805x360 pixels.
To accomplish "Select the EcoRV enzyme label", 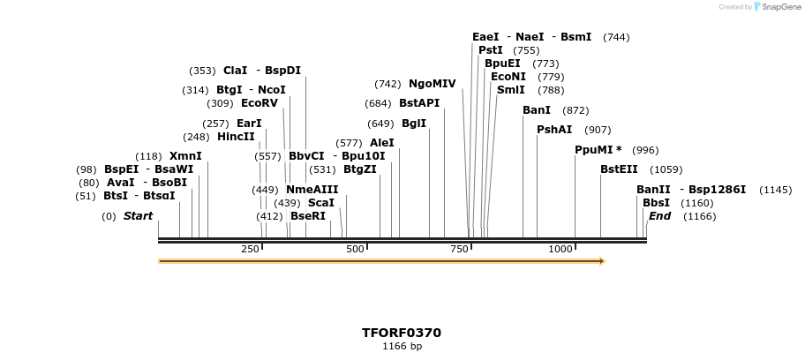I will (259, 103).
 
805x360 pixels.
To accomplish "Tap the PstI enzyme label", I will (490, 50).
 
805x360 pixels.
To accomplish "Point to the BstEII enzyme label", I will (618, 169).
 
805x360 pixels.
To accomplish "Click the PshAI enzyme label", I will (554, 130).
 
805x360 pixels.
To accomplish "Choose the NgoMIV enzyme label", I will (432, 84).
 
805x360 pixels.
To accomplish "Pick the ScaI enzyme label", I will (320, 203).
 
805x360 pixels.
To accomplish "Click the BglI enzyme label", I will (414, 124).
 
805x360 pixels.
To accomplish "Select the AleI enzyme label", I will (381, 143).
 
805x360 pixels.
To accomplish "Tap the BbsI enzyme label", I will (653, 203).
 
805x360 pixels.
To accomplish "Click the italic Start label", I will (138, 216).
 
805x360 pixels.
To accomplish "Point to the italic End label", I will (659, 216).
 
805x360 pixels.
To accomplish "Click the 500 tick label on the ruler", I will (356, 250).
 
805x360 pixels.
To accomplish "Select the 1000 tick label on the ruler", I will (560, 250).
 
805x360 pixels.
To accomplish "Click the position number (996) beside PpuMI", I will (645, 150).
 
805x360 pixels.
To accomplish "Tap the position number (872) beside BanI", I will (576, 110).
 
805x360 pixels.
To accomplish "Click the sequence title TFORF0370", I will (402, 333).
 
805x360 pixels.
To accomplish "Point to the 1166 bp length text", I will (402, 347).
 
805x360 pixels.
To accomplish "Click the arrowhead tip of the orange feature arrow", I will (604, 261).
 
